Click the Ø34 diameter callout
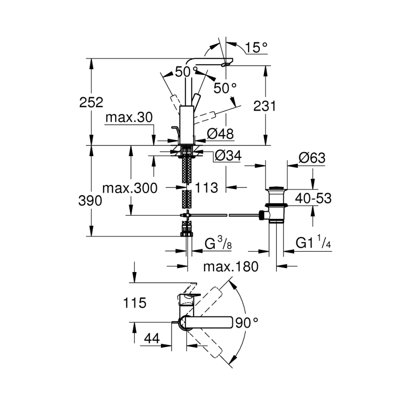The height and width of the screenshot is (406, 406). tap(228, 156)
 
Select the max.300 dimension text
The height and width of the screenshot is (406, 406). tap(130, 188)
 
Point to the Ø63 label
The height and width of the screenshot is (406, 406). tap(312, 158)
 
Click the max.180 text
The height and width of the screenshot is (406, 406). tap(231, 267)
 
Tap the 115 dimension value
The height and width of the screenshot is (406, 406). tap(135, 304)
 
